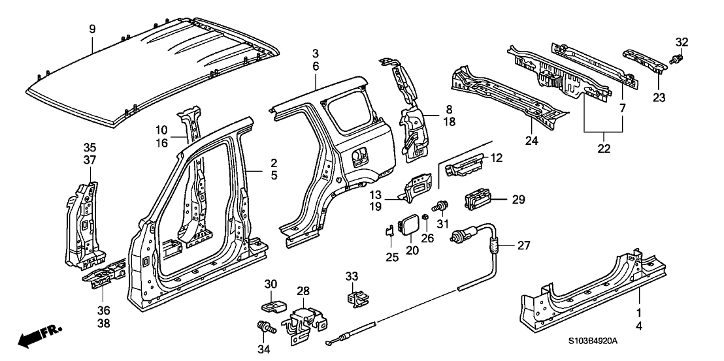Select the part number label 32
pos(682,42)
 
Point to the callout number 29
pos(519,200)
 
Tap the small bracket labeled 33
pos(355,298)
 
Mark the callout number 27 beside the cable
pos(523,245)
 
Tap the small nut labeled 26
pos(425,218)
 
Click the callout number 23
pos(658,98)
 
